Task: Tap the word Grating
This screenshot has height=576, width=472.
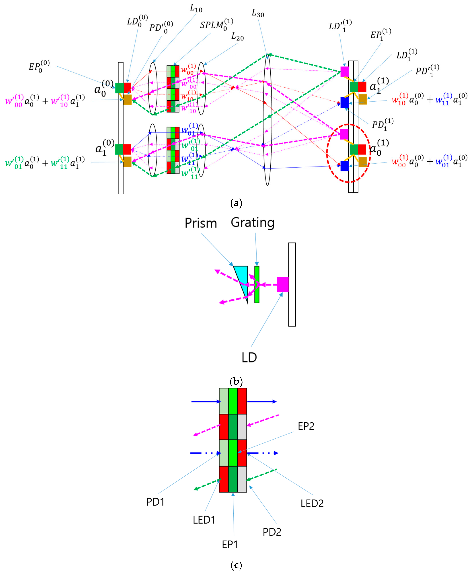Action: (x=253, y=223)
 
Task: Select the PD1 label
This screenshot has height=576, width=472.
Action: (x=155, y=502)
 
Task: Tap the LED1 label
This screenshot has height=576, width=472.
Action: (x=204, y=520)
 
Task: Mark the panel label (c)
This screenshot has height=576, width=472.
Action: (x=236, y=565)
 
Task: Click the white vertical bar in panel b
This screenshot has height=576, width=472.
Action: (x=292, y=284)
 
